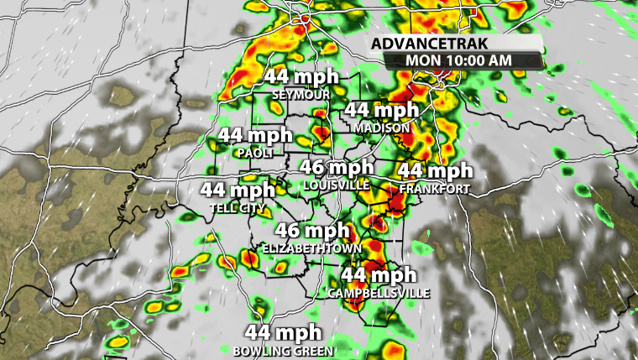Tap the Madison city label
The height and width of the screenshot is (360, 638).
(x=381, y=128)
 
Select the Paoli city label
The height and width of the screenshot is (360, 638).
(x=255, y=154)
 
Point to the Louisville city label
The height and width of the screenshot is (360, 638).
(x=337, y=185)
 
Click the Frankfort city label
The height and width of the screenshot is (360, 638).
(x=435, y=189)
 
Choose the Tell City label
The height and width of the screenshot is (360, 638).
(x=238, y=208)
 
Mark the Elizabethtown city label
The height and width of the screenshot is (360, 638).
(x=312, y=249)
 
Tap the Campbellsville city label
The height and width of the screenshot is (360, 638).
(x=379, y=293)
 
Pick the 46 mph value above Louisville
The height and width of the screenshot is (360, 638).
(x=337, y=168)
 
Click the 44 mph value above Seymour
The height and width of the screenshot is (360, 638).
(x=302, y=77)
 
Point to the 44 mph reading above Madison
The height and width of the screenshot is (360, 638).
(x=381, y=110)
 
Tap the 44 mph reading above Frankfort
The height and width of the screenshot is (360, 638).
(x=435, y=171)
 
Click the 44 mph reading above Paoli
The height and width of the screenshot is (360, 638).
(x=255, y=136)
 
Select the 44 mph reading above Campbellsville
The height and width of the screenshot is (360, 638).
(x=379, y=274)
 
